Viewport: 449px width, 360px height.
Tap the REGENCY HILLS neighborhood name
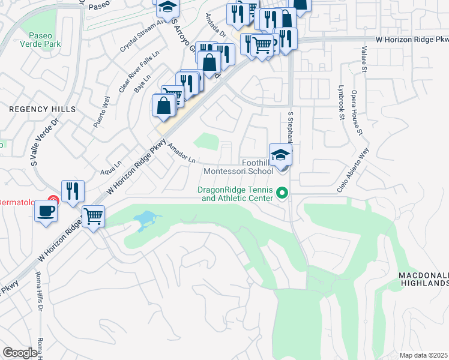coord(43,109)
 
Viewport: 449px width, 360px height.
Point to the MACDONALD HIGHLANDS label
coord(423,279)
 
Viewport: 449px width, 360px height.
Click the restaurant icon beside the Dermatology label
coord(72,191)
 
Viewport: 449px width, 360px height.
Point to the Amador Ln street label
coord(181,154)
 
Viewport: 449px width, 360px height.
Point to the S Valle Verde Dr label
coord(45,141)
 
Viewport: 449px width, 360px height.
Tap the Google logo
coord(20,353)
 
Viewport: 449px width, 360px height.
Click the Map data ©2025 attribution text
coord(423,355)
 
